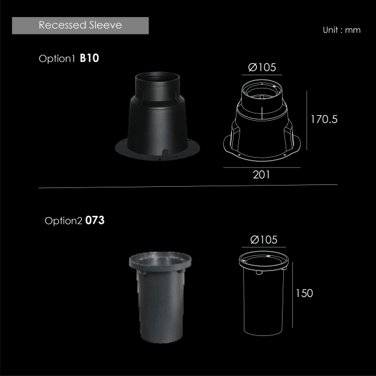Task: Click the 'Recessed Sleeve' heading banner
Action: point(80,25)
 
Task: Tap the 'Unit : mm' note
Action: point(341,30)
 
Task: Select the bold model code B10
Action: point(89,58)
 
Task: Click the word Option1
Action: point(57,59)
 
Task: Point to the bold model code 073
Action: point(95,220)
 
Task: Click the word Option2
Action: point(63,221)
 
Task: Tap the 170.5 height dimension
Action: point(324,119)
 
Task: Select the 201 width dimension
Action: point(261,175)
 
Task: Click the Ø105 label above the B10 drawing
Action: point(262,67)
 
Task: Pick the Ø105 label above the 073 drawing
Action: point(264,240)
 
